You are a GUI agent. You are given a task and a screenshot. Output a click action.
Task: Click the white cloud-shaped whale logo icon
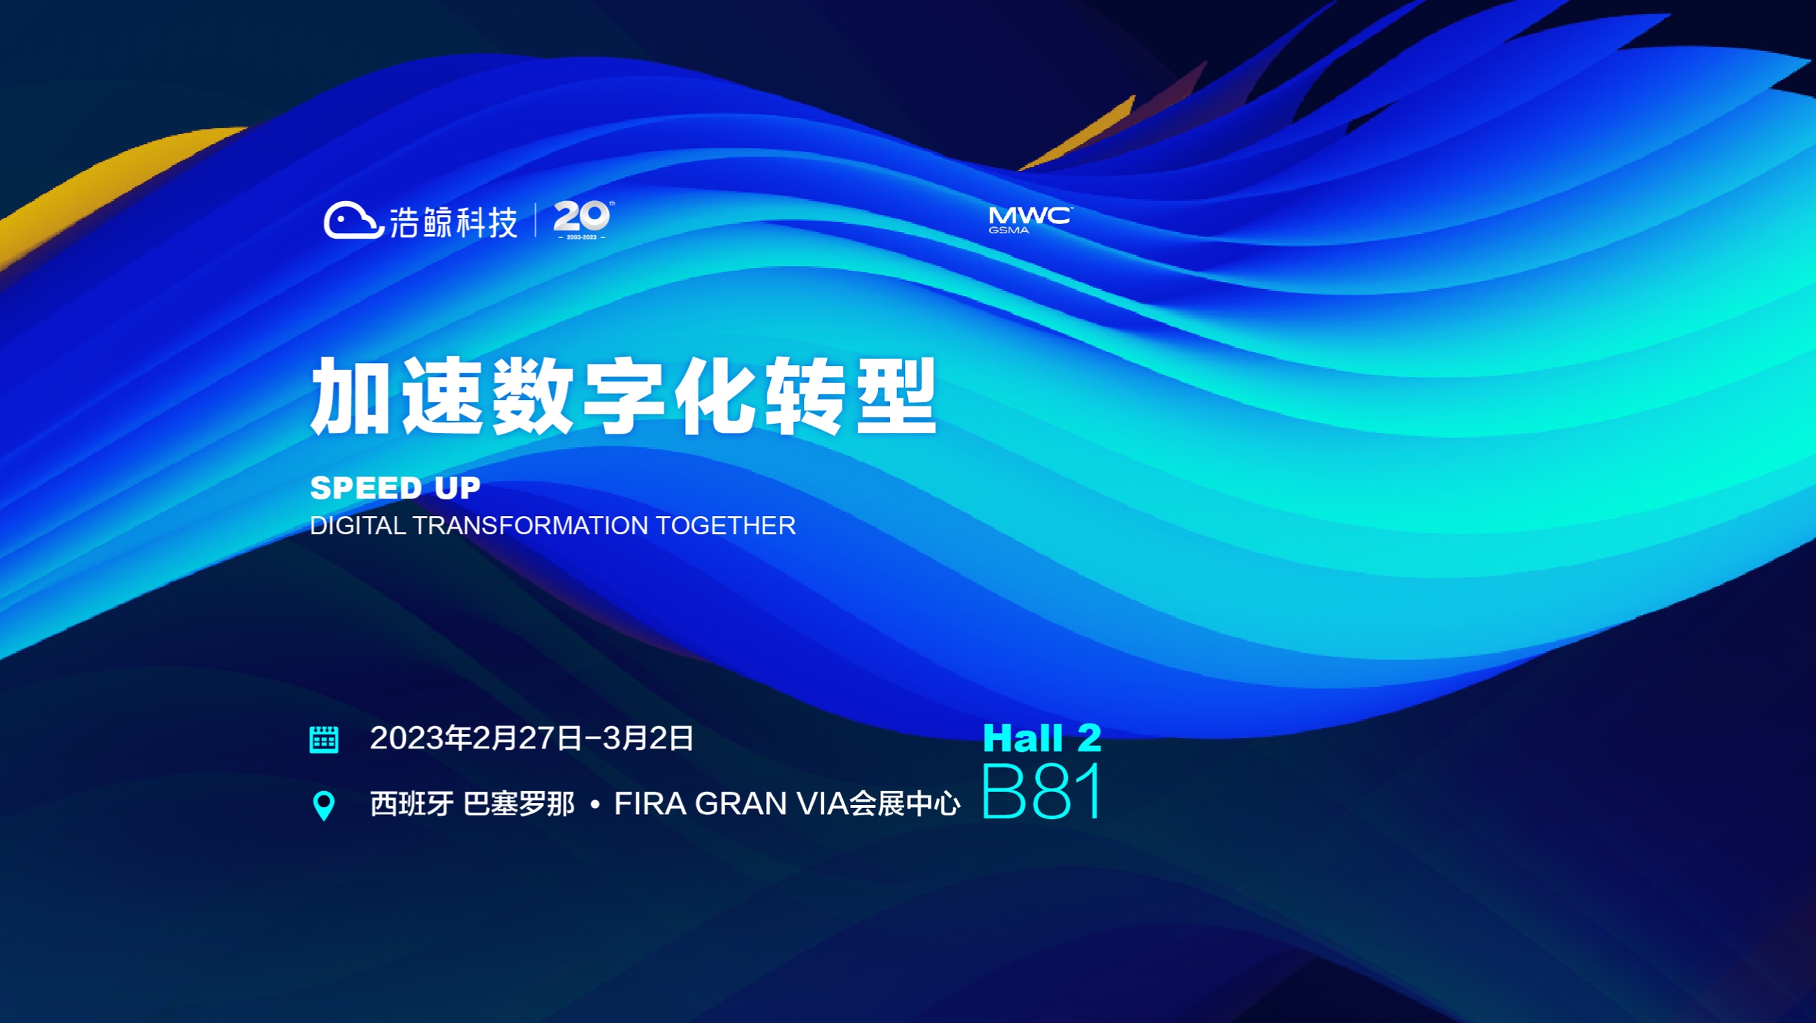(353, 221)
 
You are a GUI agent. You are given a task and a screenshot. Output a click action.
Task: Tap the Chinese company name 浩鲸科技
(453, 222)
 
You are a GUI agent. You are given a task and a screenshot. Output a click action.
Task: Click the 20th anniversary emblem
(583, 219)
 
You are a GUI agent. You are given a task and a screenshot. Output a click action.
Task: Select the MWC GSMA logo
(1030, 220)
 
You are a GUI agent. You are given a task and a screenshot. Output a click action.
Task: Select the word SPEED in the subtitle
(366, 488)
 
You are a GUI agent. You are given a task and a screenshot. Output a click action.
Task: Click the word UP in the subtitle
(457, 488)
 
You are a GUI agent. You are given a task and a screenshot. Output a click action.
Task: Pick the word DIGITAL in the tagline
(358, 525)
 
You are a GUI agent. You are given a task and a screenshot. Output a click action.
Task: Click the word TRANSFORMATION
(531, 525)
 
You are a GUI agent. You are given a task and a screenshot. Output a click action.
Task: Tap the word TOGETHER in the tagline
(726, 525)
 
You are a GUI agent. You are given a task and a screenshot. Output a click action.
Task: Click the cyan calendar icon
(324, 739)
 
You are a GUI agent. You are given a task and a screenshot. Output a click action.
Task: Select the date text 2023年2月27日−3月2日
(532, 738)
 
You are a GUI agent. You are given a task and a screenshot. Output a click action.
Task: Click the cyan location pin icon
(323, 806)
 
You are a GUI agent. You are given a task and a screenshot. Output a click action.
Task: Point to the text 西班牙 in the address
(411, 804)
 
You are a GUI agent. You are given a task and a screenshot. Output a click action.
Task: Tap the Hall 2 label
(1042, 738)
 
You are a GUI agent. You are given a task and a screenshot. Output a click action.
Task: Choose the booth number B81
(1041, 791)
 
